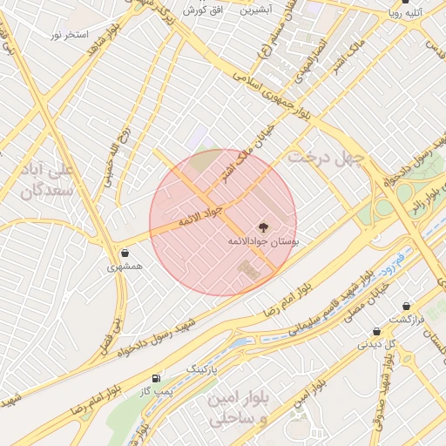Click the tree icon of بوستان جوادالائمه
263,226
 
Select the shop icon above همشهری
125,253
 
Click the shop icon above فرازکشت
407,305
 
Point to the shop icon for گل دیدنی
376,331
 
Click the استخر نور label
71,34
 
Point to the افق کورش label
206,10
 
